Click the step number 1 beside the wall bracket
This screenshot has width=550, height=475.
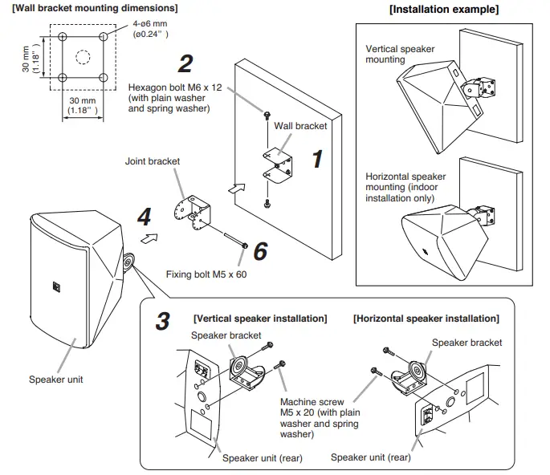(x=316, y=159)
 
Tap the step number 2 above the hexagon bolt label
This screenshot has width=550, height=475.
(x=185, y=63)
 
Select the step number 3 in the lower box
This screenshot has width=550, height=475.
(x=162, y=321)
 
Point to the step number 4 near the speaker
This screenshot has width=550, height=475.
(x=144, y=216)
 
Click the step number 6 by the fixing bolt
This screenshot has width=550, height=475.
(x=259, y=251)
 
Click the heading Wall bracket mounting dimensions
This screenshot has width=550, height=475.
(x=95, y=8)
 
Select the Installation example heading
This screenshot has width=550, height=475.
(x=443, y=10)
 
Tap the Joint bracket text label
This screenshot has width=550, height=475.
(x=153, y=161)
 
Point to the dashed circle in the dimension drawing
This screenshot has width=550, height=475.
(x=83, y=58)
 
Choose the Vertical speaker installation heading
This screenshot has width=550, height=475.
(x=260, y=319)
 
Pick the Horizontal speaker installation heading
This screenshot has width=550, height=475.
(x=426, y=319)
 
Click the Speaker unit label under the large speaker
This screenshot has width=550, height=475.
(x=56, y=380)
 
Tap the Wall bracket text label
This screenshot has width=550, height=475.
(x=300, y=126)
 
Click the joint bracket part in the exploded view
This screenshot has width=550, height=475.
(x=192, y=211)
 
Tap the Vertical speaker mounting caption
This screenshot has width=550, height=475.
(x=400, y=54)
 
